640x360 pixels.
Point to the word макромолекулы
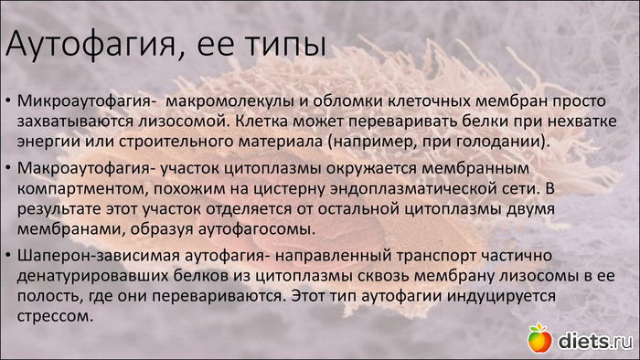click(x=230, y=102)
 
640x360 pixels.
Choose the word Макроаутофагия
click(x=84, y=169)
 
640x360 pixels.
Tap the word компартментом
click(x=83, y=189)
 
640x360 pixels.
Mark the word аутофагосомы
click(x=256, y=229)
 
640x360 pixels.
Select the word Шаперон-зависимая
click(x=99, y=256)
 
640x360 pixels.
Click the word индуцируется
click(x=501, y=296)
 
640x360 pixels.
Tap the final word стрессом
click(x=55, y=316)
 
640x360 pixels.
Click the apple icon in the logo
click(x=539, y=338)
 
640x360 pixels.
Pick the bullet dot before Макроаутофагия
click(x=8, y=167)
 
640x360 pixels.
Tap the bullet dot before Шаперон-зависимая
click(x=8, y=255)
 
